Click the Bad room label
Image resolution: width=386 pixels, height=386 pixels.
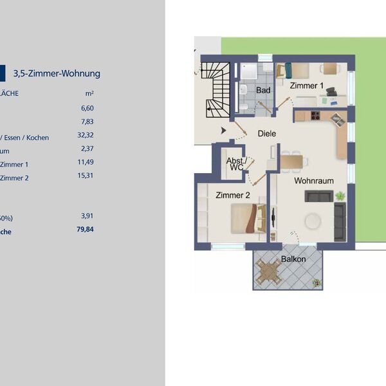tap(263, 91)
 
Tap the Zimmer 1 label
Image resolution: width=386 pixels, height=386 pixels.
tap(307, 86)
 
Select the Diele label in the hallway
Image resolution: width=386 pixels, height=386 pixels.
tap(266, 134)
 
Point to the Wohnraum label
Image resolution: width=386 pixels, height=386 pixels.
tap(314, 181)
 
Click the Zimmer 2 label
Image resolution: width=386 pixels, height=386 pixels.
tap(232, 195)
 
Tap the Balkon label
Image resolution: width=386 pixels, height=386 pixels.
tap(293, 259)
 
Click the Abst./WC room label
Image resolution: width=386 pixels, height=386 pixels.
tap(235, 165)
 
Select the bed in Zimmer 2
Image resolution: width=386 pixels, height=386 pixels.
tap(247, 217)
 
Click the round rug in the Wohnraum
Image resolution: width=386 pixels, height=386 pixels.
tap(314, 220)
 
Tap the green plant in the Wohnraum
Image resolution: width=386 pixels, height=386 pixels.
tap(340, 196)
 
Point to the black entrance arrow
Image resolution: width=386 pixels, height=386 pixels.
tap(223, 131)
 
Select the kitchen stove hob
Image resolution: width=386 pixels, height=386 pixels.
tap(315, 116)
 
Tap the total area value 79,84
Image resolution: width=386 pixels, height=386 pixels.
tap(84, 228)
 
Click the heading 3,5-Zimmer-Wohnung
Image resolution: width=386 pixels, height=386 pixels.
tap(57, 73)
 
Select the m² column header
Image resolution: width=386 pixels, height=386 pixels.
tap(89, 93)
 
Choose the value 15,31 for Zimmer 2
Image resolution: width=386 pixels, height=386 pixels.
tap(85, 175)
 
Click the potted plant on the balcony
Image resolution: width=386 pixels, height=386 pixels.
tap(316, 282)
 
